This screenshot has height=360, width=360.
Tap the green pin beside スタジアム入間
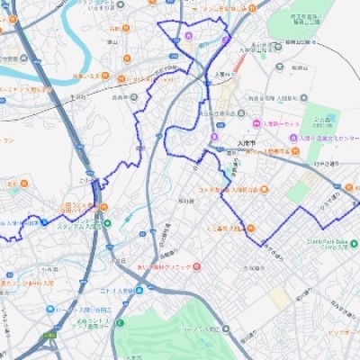[x=107, y=224]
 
